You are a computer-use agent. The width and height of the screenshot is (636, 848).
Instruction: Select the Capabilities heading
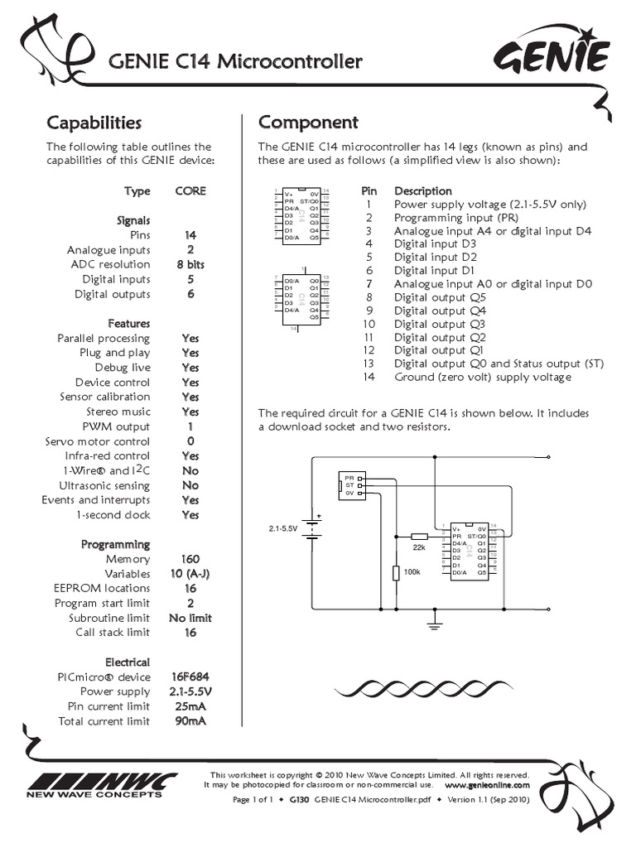click(x=94, y=123)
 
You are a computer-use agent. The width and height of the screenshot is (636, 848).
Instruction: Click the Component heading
click(x=308, y=123)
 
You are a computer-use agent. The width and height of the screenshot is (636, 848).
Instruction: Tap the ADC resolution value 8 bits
click(x=190, y=264)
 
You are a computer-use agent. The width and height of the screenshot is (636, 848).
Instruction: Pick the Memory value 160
click(x=190, y=559)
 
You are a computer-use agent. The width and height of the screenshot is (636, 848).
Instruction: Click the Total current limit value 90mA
click(x=190, y=721)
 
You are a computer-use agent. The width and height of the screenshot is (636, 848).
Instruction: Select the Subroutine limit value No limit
click(x=190, y=618)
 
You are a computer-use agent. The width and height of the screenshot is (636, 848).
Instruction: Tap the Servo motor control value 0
click(x=190, y=441)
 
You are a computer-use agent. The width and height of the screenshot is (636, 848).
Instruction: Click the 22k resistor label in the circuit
click(x=419, y=547)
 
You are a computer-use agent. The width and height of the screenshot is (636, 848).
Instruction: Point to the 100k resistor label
click(x=411, y=571)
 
